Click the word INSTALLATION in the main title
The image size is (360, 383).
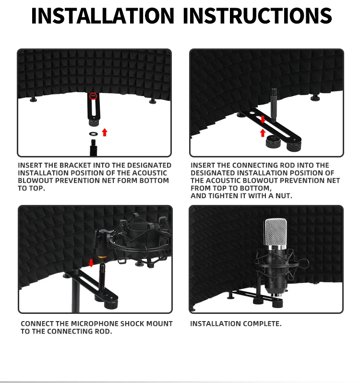[103, 16]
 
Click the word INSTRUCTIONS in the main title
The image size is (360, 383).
[257, 16]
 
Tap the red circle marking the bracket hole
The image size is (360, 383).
[93, 96]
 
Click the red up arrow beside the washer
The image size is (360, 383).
[105, 132]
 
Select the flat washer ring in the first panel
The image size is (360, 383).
[93, 134]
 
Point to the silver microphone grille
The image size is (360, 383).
[276, 232]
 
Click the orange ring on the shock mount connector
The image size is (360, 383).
[102, 256]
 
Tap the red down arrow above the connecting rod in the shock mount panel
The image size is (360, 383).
[91, 263]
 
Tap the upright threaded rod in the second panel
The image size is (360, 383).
[274, 104]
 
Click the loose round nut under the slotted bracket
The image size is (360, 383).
[273, 142]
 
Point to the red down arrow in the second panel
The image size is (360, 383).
[263, 120]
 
